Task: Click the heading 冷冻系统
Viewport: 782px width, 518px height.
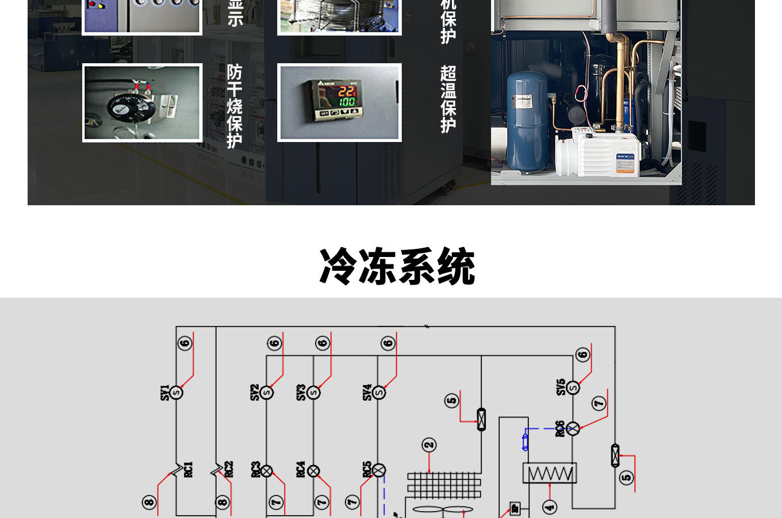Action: coord(397,267)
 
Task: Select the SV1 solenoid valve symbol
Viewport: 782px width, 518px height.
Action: coord(177,393)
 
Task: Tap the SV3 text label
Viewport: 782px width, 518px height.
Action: coord(301,393)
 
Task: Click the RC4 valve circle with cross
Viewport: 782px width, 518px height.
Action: coord(313,471)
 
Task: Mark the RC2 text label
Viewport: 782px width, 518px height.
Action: coord(229,469)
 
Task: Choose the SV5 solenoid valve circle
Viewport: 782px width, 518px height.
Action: coord(573,387)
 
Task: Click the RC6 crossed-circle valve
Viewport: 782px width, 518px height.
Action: coord(573,428)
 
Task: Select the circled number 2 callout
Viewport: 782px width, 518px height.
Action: coord(429,445)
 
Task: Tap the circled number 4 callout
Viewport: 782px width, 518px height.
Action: coord(550,507)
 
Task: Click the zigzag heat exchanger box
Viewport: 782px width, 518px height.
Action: coord(550,473)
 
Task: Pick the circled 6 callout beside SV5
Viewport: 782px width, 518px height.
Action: coord(582,355)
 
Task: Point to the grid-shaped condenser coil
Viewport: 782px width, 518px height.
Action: coord(444,485)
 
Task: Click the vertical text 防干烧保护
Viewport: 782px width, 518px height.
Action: coord(235,106)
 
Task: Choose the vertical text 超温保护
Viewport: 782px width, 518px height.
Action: coord(448,99)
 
